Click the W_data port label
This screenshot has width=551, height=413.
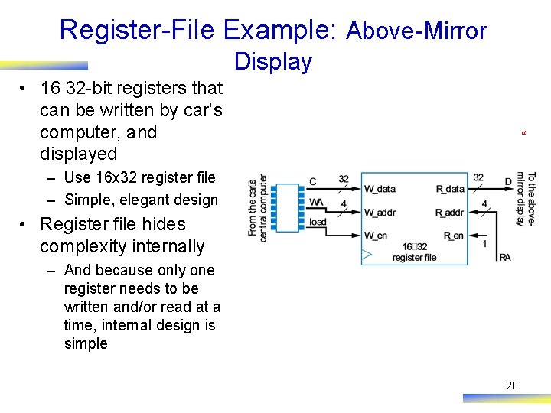(x=380, y=189)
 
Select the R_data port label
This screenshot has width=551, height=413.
(x=450, y=189)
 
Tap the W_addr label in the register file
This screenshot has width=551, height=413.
(x=380, y=212)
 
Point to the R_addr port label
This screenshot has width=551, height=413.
(x=450, y=212)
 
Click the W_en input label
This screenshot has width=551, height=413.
(x=375, y=236)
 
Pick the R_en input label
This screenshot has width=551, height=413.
(x=454, y=236)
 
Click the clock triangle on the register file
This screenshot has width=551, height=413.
(x=367, y=253)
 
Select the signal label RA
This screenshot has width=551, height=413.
(x=505, y=257)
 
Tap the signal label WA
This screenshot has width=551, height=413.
(x=316, y=202)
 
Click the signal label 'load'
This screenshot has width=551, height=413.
(x=318, y=222)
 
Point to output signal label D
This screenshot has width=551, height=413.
(x=508, y=182)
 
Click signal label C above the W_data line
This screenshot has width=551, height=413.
(x=313, y=182)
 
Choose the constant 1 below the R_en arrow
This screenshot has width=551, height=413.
(x=484, y=244)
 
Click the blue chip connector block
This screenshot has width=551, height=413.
(x=287, y=208)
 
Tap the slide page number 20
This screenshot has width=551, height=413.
(x=512, y=385)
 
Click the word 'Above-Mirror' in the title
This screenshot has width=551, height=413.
(x=416, y=31)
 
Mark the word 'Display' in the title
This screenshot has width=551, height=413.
(x=273, y=61)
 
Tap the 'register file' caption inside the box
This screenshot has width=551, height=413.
(x=414, y=258)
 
